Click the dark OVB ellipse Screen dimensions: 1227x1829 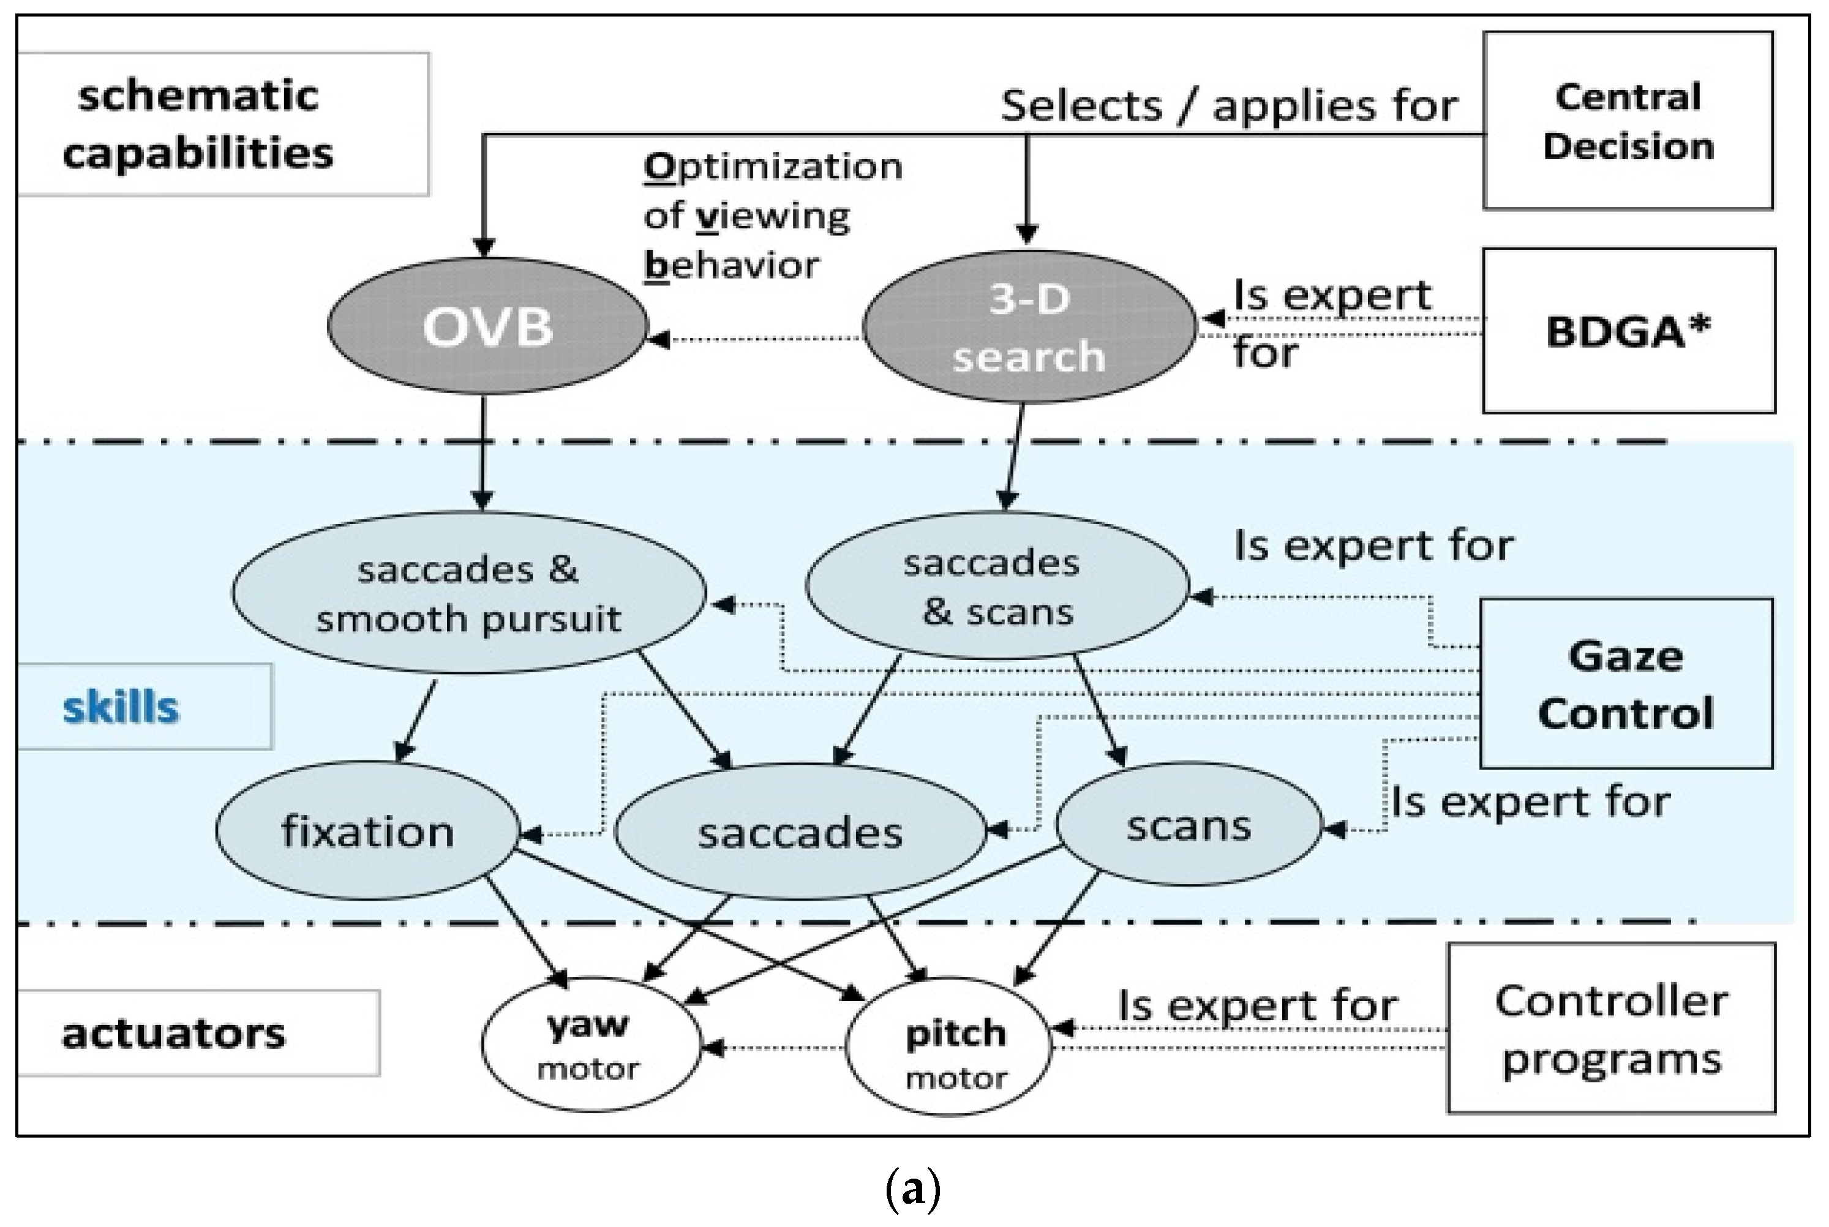(x=487, y=326)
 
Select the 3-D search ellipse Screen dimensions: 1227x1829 (x=1028, y=327)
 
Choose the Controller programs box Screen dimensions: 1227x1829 (x=1610, y=1028)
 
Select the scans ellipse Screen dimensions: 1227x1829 (x=1188, y=825)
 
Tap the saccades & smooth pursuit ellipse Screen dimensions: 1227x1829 (x=468, y=593)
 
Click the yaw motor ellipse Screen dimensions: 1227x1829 (x=589, y=1044)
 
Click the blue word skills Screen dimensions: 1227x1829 (x=121, y=707)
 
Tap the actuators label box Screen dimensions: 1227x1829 (x=174, y=1033)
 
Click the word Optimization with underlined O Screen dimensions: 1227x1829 (x=773, y=167)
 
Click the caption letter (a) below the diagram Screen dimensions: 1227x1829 (x=912, y=1190)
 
